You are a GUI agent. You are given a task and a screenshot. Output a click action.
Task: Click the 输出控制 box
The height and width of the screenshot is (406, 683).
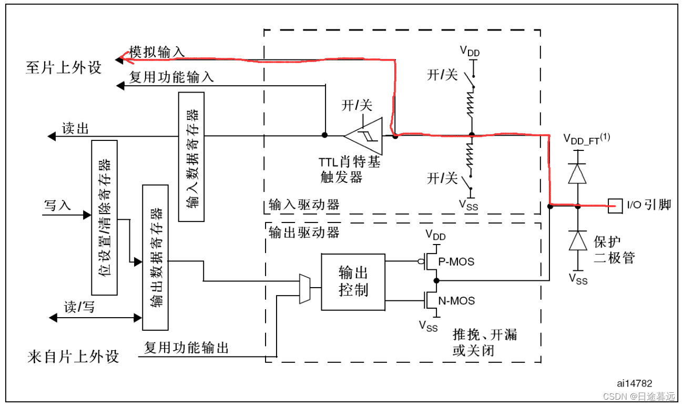[353, 281]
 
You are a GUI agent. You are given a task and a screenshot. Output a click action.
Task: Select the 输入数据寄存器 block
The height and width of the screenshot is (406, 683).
[191, 156]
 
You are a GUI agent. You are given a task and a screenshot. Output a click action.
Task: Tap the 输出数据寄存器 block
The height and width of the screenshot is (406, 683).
[156, 257]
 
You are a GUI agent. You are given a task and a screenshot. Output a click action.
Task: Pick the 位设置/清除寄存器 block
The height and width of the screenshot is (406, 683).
[104, 217]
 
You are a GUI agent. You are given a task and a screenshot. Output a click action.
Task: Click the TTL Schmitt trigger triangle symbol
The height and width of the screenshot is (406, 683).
[363, 136]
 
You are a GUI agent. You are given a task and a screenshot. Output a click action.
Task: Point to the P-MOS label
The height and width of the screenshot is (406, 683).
[457, 261]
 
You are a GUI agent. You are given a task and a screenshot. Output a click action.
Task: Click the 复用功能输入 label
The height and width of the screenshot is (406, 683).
[171, 77]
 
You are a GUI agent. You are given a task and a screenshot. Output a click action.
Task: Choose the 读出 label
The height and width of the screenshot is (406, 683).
[75, 129]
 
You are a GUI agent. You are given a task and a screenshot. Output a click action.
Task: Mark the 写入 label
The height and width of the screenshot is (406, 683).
[57, 205]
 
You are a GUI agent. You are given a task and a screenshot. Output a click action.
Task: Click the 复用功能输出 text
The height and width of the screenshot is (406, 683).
[187, 348]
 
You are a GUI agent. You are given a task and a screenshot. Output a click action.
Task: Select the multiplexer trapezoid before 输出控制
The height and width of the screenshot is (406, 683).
[304, 289]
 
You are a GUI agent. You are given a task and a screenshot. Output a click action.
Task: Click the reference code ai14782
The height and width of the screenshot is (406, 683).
[635, 383]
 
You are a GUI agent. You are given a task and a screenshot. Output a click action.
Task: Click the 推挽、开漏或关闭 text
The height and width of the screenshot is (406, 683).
[484, 342]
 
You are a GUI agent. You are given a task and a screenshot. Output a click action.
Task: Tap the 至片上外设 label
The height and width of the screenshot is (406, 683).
[64, 67]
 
